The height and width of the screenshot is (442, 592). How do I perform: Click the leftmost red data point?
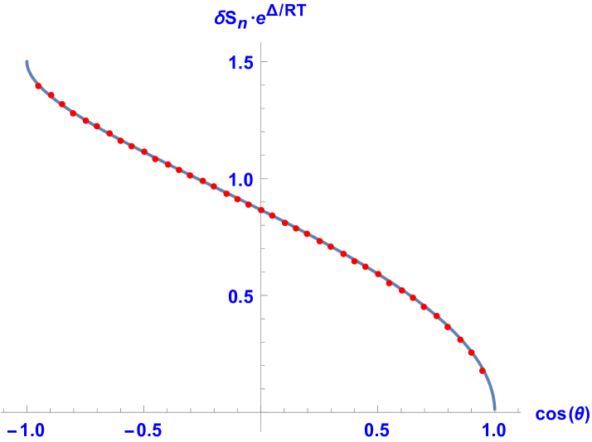(x=38, y=86)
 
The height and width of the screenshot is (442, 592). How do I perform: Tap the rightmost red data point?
(x=483, y=371)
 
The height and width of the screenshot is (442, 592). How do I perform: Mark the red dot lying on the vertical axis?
(x=261, y=210)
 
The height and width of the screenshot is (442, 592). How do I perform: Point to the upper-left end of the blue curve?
(x=27, y=61)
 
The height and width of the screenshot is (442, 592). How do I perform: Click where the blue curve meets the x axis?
(x=495, y=410)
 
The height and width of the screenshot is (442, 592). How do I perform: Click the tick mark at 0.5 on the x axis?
(x=378, y=409)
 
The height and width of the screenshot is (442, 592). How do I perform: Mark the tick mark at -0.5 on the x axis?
(x=144, y=409)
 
